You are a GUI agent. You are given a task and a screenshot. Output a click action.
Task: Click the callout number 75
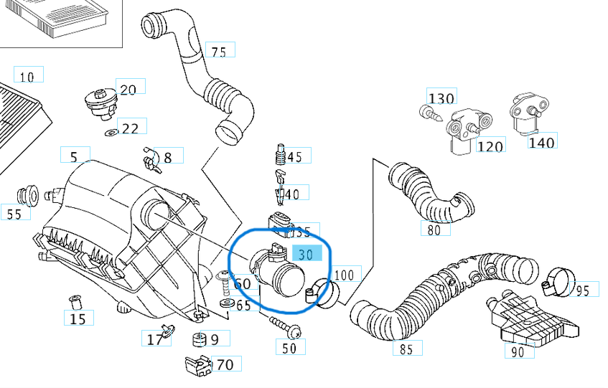[219, 51]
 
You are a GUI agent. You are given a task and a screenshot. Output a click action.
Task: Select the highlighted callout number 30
[305, 254]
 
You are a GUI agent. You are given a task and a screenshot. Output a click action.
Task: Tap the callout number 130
[441, 98]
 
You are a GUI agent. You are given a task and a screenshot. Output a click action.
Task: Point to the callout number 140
[541, 142]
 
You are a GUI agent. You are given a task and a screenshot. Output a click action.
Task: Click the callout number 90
[517, 351]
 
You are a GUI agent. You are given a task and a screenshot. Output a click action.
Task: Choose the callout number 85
[406, 349]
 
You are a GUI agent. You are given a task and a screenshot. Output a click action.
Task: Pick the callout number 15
[78, 318]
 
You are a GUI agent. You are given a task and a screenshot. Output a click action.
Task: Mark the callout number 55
[14, 213]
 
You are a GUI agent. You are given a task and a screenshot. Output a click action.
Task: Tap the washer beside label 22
[111, 133]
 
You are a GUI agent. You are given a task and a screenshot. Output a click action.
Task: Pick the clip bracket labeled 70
[196, 364]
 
